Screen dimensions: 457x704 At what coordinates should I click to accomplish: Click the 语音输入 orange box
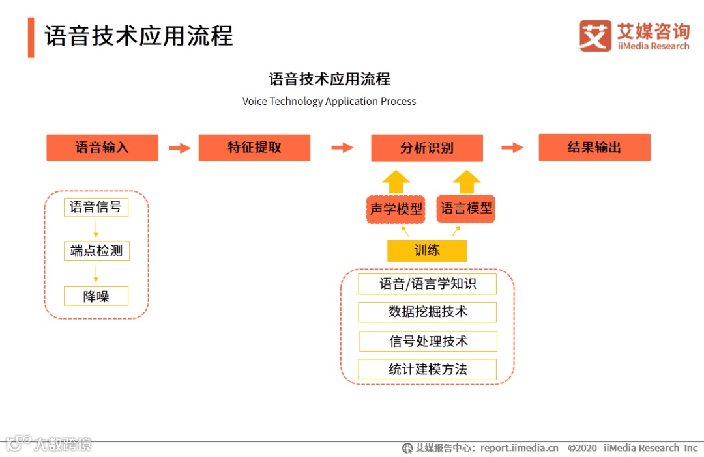point(102,148)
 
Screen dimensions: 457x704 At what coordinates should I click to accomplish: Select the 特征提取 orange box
point(254,148)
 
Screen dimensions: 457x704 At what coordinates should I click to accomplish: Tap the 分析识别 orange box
point(427,148)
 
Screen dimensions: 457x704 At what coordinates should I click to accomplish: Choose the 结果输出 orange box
point(594,148)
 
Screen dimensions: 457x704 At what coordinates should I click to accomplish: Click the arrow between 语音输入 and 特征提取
point(179,148)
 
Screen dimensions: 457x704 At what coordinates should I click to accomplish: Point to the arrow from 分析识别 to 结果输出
point(512,148)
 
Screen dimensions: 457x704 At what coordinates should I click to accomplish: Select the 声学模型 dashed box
point(396,209)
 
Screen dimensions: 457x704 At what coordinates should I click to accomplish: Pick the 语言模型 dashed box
point(466,208)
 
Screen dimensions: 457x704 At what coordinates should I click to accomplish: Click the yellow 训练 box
point(427,250)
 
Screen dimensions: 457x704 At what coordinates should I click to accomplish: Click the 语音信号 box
point(96,208)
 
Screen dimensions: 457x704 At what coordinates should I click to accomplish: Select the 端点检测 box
point(96,251)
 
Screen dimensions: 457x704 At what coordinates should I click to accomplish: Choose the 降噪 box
point(96,296)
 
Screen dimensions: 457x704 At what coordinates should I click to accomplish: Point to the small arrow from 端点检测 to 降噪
point(96,273)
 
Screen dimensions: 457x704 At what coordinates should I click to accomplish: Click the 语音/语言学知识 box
point(427,284)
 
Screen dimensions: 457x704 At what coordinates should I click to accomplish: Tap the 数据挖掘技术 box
point(427,312)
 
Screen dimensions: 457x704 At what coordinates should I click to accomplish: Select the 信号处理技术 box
point(428,341)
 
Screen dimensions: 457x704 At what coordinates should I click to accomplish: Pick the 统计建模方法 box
point(427,370)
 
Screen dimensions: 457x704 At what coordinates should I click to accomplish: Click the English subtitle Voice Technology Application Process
point(329,102)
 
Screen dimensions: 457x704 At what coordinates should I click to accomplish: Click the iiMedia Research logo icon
point(595,36)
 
